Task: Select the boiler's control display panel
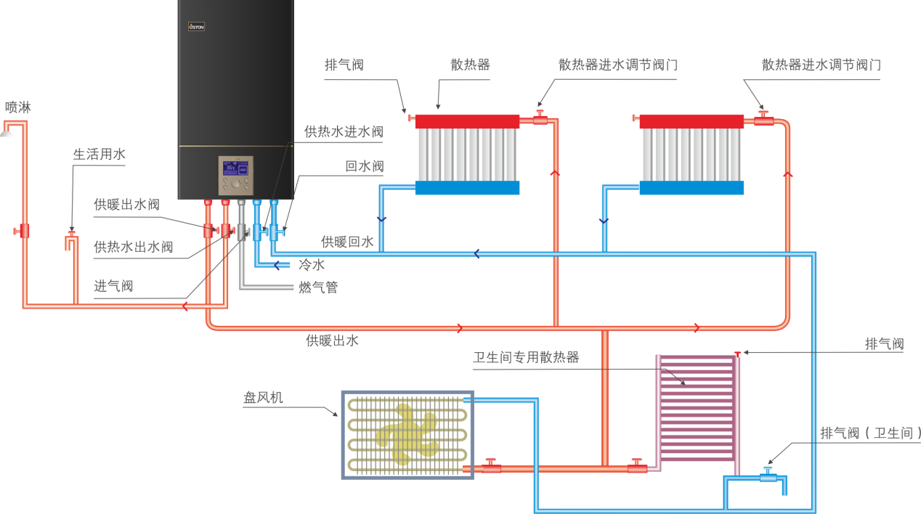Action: click(x=237, y=174)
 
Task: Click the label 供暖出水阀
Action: click(x=126, y=205)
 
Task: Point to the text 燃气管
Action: click(x=318, y=287)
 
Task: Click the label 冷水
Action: click(x=312, y=266)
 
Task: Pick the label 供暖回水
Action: click(x=347, y=242)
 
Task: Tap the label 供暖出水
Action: click(x=332, y=340)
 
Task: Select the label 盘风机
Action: click(x=262, y=398)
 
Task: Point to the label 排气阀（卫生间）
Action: click(x=869, y=433)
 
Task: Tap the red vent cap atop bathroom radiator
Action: click(x=737, y=354)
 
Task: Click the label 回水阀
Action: click(x=364, y=166)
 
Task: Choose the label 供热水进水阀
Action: click(x=344, y=132)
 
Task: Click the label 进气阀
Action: click(x=113, y=286)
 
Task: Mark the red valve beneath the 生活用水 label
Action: click(x=72, y=234)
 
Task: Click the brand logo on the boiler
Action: click(x=196, y=27)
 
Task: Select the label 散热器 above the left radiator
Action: click(x=470, y=65)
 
